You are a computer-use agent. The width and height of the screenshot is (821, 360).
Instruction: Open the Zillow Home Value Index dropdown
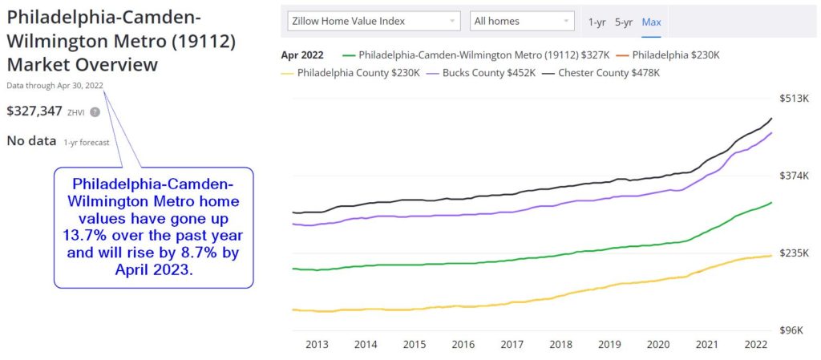tap(374, 21)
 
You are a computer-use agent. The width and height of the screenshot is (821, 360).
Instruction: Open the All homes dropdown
tap(522, 21)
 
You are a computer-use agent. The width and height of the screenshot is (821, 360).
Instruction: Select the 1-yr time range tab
tap(597, 22)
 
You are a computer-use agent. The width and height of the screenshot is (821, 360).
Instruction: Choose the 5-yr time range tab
tap(624, 22)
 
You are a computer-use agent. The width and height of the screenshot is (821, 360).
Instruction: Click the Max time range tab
tap(652, 22)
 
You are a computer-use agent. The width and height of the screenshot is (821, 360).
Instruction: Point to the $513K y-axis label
tap(795, 98)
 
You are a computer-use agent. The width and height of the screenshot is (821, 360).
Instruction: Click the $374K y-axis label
tap(795, 176)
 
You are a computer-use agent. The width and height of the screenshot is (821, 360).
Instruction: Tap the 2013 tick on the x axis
tap(317, 345)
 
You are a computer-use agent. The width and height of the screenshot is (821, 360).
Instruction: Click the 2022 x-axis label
tap(754, 345)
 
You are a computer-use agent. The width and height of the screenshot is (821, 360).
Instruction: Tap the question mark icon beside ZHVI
tap(95, 112)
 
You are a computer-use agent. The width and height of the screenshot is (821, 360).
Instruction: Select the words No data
tap(31, 141)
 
